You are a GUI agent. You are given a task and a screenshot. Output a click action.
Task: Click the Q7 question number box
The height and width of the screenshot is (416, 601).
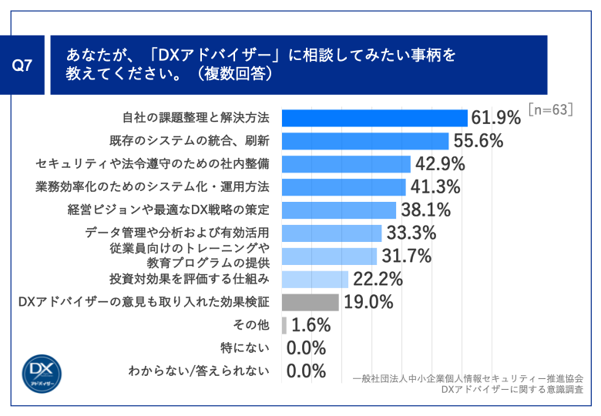[x=24, y=65]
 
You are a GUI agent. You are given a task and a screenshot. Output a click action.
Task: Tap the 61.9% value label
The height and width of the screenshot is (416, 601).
[x=497, y=118]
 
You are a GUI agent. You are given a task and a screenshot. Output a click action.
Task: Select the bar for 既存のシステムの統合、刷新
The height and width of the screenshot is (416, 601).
[x=365, y=141]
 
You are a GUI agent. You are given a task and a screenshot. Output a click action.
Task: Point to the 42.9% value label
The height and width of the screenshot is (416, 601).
[x=439, y=164]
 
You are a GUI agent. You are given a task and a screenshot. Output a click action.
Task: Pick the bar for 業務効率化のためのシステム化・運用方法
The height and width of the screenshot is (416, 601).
[x=344, y=187]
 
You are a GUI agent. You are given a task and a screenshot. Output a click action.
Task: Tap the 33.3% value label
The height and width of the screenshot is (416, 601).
[x=411, y=233]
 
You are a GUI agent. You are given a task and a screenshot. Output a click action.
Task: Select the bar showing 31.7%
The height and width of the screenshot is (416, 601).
[x=329, y=256]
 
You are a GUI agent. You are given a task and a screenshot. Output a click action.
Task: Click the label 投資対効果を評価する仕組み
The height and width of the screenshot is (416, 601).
[x=189, y=278]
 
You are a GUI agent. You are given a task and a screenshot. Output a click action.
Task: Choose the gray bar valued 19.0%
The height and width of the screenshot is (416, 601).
[x=311, y=302]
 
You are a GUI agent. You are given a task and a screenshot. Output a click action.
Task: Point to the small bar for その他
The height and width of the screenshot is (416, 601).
[x=284, y=324]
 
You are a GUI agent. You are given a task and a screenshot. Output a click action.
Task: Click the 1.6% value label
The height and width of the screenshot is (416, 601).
[x=311, y=324]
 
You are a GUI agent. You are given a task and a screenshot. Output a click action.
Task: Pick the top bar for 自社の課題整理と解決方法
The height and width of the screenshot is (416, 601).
[x=374, y=118]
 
